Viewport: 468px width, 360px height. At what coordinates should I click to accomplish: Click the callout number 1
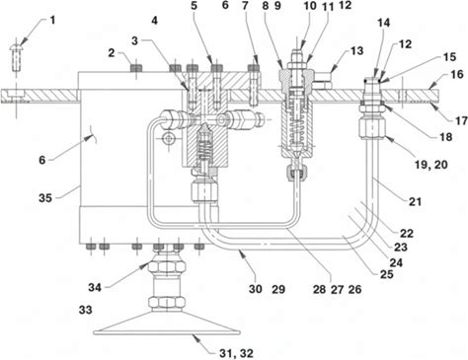click(52, 20)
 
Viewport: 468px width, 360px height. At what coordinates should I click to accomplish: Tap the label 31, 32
click(236, 353)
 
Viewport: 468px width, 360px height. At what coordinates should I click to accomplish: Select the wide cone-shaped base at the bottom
click(167, 324)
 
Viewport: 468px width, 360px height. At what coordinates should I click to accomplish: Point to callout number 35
click(45, 198)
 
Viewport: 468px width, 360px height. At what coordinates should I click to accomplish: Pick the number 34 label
click(95, 288)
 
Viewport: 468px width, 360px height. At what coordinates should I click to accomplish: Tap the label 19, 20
click(430, 164)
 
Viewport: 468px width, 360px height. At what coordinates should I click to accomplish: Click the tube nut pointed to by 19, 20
click(372, 129)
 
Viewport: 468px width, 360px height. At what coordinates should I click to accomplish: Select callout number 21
click(415, 201)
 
